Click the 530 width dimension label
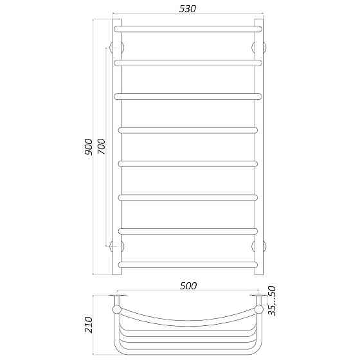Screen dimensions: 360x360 coord(188,8)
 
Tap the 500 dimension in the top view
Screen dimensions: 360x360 coord(188,285)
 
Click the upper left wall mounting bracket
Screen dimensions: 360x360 coord(116,48)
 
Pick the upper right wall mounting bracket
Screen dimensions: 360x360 coord(259,48)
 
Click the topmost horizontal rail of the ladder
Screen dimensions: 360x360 coord(188,28)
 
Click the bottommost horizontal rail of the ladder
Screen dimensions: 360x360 coord(188,264)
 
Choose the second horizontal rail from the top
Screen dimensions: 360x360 coord(188,62)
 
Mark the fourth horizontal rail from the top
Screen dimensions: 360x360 coord(188,130)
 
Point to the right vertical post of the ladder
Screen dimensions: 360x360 coord(259,148)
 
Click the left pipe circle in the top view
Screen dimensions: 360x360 coord(116,309)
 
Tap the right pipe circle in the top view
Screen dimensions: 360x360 coord(259,309)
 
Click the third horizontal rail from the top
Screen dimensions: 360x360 coord(188,96)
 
